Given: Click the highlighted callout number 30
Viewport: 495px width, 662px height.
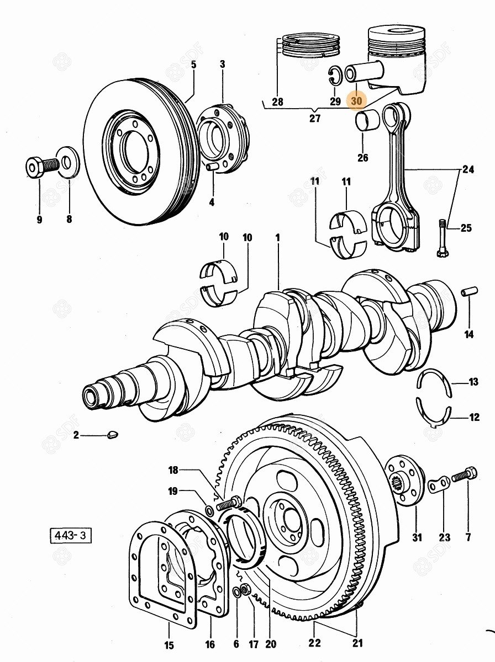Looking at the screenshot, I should tap(356, 101).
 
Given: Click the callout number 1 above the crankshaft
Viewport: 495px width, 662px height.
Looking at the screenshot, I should tap(278, 237).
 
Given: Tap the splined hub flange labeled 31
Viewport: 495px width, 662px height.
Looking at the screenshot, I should tap(408, 480).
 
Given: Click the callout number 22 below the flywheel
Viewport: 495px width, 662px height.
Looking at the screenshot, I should tap(314, 642).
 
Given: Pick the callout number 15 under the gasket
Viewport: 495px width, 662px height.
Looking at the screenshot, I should tap(170, 645).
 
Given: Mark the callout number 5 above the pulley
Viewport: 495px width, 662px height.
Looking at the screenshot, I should tap(194, 65).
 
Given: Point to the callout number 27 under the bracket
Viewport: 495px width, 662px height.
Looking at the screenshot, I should tap(314, 118).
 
